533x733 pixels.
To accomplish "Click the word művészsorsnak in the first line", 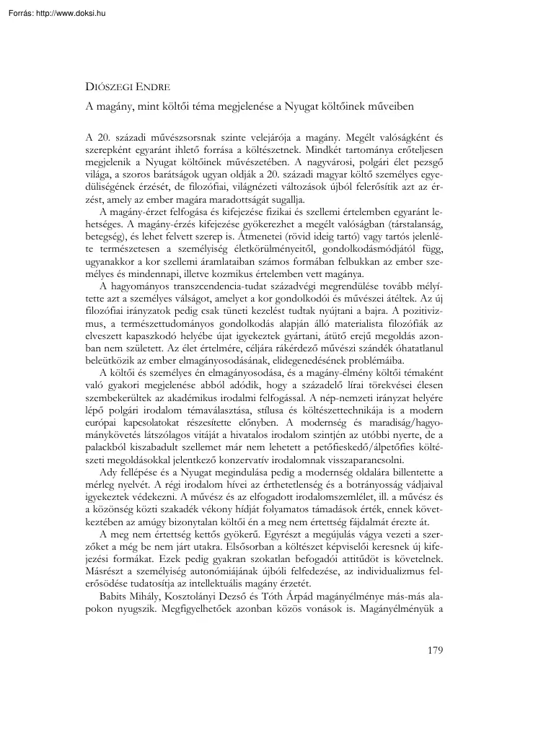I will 175,136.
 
